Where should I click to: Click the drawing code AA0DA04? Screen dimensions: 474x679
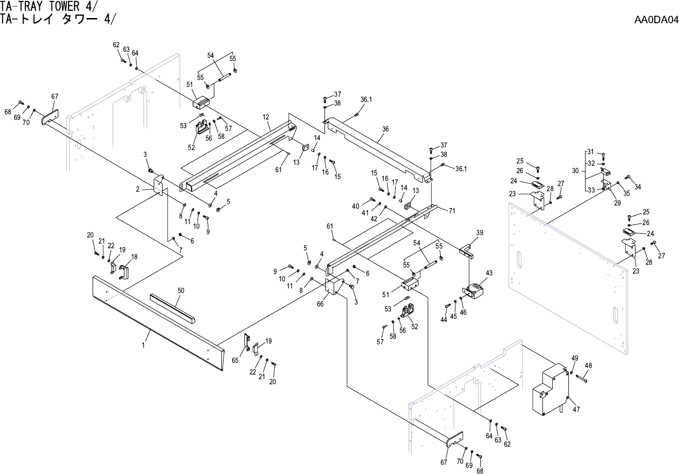pos(656,20)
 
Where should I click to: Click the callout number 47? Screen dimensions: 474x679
pos(576,409)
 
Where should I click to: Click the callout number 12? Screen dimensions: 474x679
pos(266,117)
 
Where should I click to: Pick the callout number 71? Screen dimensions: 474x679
pos(452,211)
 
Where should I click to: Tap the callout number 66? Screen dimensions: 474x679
pos(320,304)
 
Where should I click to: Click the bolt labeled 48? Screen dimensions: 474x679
pos(581,378)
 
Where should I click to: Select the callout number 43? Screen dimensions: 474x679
pos(489,273)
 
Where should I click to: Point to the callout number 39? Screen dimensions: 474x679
pos(480,233)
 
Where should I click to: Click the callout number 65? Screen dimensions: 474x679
pos(235,360)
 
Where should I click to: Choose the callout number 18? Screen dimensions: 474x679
pos(134,256)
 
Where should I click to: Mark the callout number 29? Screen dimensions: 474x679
pos(617,203)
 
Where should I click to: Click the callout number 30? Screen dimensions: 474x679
pos(575,171)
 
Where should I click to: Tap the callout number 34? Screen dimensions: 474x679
pos(638,187)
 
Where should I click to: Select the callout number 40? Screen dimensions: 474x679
pos(355,206)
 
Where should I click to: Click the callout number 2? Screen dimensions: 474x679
pos(138,189)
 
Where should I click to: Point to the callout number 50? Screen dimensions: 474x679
pos(181,291)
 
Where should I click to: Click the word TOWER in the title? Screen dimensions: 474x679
pos(61,6)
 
